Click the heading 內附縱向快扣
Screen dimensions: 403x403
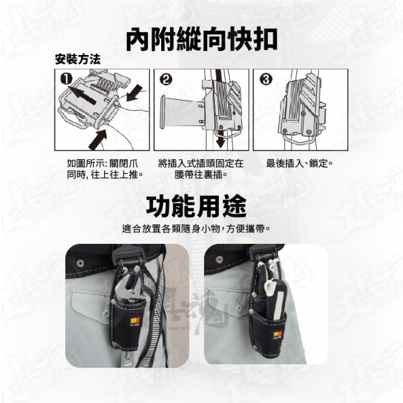[x=201, y=39]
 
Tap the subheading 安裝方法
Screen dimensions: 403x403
[x=78, y=59]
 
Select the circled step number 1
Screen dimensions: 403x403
[x=66, y=79]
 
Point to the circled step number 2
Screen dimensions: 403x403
[x=166, y=79]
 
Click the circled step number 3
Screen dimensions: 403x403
[x=265, y=79]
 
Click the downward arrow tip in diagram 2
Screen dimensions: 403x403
[x=220, y=148]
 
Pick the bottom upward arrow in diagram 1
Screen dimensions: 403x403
[x=98, y=139]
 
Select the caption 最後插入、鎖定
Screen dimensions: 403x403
[x=300, y=163]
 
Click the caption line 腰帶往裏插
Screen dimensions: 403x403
[x=201, y=175]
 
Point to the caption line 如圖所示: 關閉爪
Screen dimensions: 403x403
[x=102, y=163]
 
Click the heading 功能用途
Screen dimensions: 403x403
[x=196, y=207]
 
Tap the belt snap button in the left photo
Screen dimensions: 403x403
[x=81, y=263]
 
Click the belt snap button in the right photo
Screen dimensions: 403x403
[x=219, y=259]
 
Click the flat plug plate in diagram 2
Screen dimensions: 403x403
[x=163, y=112]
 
